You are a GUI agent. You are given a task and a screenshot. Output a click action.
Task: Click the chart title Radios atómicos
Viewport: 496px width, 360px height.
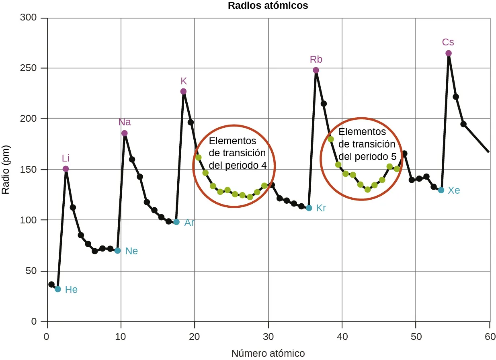[268, 6]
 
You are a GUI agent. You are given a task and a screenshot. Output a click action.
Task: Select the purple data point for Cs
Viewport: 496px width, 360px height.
[449, 53]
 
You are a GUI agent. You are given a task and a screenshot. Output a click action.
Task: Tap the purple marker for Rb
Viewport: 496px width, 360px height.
[316, 70]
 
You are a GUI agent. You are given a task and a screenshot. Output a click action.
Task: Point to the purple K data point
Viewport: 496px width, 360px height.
[183, 92]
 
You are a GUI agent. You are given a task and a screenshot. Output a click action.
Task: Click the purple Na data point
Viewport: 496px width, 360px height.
[125, 133]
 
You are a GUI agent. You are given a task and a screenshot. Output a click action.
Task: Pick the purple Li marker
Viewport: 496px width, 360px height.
[66, 169]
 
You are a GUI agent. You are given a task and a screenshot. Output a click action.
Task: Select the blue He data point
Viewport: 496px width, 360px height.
[58, 289]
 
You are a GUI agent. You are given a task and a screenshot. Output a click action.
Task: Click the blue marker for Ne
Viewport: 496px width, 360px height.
[117, 251]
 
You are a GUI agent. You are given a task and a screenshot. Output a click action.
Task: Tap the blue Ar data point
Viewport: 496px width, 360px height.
[176, 222]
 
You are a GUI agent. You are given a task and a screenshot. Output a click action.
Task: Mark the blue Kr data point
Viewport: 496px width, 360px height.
[309, 208]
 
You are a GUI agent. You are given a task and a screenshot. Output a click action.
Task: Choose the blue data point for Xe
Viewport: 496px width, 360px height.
[441, 190]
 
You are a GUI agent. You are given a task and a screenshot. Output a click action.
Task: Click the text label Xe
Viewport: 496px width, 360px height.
[454, 190]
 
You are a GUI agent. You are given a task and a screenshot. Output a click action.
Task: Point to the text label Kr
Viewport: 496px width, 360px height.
[321, 208]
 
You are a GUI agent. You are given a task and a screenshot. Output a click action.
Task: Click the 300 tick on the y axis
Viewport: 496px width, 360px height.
[31, 18]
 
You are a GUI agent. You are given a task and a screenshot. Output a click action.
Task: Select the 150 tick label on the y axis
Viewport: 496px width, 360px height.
[31, 170]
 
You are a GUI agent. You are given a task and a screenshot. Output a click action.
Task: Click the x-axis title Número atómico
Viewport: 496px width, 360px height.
[268, 353]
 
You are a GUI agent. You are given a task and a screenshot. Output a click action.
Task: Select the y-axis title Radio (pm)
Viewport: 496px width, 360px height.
[6, 170]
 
